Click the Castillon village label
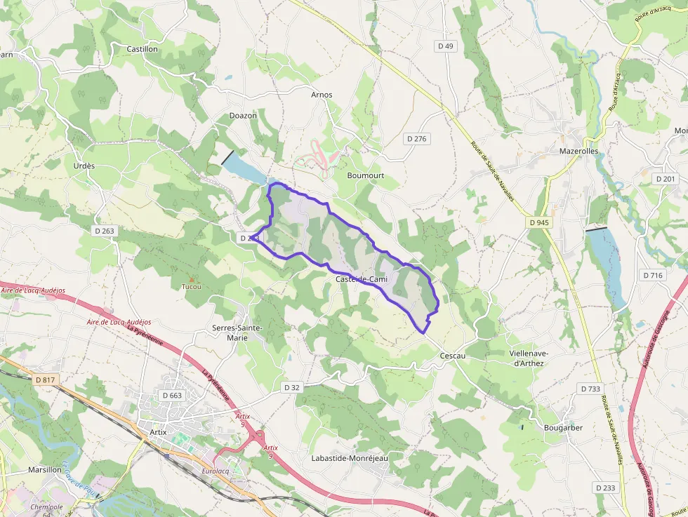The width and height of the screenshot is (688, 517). pos(142,49)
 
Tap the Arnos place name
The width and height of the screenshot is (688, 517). pos(322,95)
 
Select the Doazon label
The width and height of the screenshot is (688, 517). pos(243,115)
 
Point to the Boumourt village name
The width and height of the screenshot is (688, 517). pos(366,175)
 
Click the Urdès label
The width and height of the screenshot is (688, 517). pos(84,166)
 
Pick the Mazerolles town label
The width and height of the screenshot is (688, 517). pos(578,151)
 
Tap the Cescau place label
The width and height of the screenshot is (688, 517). pos(452,356)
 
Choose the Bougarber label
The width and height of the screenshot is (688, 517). pos(563,427)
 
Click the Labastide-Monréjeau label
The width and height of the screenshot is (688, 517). pos(349,457)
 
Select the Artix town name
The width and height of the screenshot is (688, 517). pos(158,432)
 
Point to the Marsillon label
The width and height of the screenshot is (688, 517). pos(45,469)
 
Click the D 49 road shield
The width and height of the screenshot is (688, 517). pos(446,46)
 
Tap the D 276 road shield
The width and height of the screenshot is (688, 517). pos(416,139)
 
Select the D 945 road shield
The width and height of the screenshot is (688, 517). pos(539,222)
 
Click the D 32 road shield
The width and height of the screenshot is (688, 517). pos(292,387)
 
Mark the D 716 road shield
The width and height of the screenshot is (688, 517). pos(653,275)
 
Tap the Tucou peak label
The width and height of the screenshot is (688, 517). pos(191,286)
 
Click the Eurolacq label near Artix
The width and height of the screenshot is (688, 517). pos(216,471)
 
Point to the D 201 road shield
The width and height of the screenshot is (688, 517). pos(666,179)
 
